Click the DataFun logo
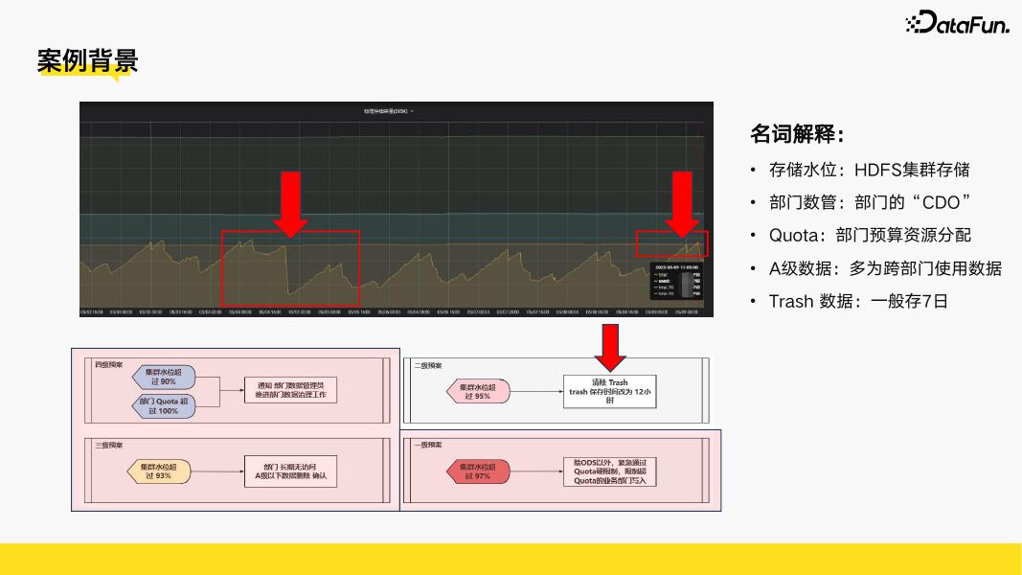pos(957,23)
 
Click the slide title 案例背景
pos(87,61)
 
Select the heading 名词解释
pos(796,134)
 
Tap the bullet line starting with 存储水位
pos(869,170)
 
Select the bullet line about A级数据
pos(885,268)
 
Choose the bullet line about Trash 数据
pos(857,301)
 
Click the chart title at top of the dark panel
pos(388,111)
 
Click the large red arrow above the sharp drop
pos(290,203)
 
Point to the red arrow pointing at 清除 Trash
pos(610,347)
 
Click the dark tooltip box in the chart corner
pos(676,280)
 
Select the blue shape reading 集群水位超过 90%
pos(163,377)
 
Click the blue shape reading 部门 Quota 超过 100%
pos(163,406)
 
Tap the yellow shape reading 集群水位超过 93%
pos(159,471)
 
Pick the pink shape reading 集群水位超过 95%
pos(478,391)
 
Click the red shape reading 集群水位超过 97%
pos(478,471)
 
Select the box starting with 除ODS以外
pos(609,471)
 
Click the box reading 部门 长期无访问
pos(291,471)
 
